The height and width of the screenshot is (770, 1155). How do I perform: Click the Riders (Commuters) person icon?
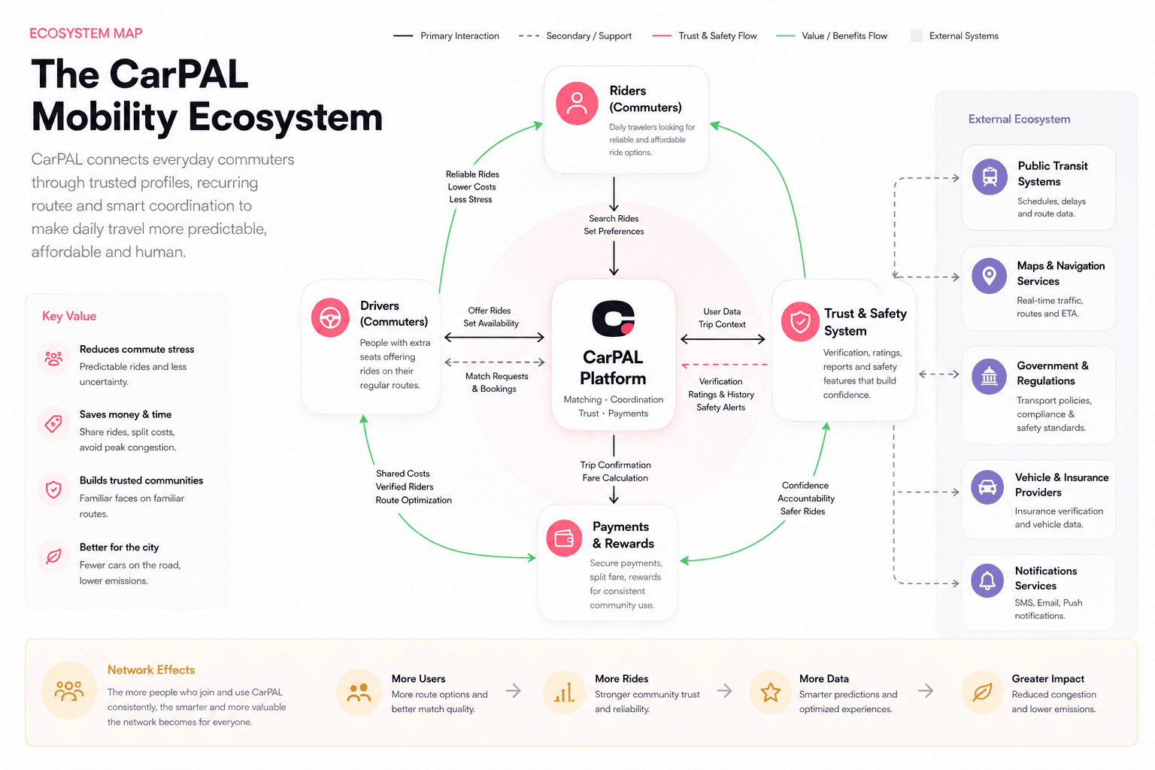(577, 103)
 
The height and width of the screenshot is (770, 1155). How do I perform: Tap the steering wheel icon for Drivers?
(330, 317)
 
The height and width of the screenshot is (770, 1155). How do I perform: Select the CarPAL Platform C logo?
(613, 318)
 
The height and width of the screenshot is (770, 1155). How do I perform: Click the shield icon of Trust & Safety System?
(800, 322)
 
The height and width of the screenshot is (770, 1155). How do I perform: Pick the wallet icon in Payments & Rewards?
(564, 538)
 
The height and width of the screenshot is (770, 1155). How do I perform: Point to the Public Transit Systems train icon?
(990, 177)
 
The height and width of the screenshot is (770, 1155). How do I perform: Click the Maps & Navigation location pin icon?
(989, 276)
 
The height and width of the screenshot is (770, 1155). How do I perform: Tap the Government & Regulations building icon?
(989, 376)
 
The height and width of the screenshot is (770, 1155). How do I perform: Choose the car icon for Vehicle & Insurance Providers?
(987, 487)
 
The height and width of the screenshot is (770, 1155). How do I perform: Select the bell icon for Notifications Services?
(987, 581)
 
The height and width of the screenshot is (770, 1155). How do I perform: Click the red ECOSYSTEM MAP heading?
(86, 34)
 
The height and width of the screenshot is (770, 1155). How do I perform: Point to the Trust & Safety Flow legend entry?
(705, 35)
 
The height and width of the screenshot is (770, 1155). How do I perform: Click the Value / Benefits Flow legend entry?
(832, 35)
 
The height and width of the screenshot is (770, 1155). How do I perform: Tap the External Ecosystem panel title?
(1019, 119)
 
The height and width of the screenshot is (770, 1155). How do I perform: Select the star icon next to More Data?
(770, 692)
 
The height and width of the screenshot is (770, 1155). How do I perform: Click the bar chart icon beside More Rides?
(564, 692)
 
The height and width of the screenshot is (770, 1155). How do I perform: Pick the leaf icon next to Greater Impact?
(982, 692)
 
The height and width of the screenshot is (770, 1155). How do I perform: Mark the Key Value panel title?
(69, 316)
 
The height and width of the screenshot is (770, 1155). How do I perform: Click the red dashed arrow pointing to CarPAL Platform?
(724, 365)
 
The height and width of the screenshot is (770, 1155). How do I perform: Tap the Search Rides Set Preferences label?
(614, 225)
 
